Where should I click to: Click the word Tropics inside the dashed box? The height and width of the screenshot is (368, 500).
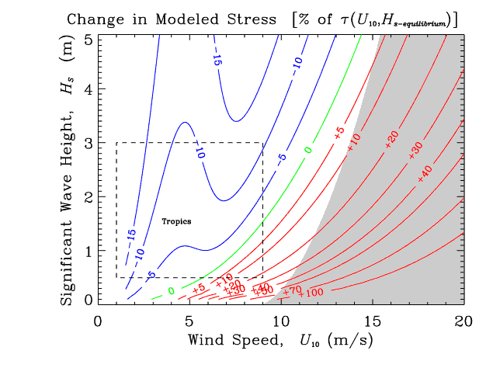coord(176,221)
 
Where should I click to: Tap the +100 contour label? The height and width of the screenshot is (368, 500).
coord(311,292)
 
